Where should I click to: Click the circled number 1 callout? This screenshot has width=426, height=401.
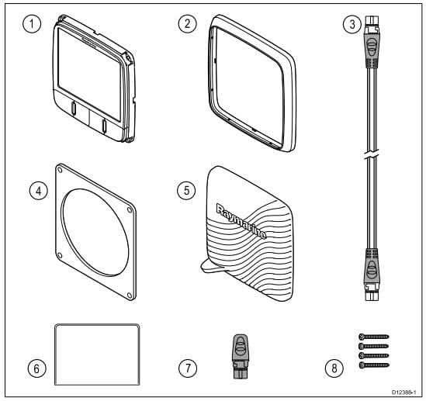[x=32, y=24]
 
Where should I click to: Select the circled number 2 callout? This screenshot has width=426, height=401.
[x=188, y=24]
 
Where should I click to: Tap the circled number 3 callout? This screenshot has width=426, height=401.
[x=352, y=25]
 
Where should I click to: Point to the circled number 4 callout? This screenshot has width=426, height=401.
[x=39, y=191]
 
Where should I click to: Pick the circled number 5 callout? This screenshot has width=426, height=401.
[x=186, y=190]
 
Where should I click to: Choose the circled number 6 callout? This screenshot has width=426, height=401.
[x=36, y=368]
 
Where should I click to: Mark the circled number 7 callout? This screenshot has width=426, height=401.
[x=188, y=368]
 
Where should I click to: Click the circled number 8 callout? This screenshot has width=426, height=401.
[x=334, y=368]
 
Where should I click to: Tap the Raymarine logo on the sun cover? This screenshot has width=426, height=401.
[x=241, y=222]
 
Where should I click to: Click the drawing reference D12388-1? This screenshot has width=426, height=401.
[x=403, y=392]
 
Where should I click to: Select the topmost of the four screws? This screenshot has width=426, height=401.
[x=374, y=337]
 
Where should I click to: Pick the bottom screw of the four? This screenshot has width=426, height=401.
[x=374, y=365]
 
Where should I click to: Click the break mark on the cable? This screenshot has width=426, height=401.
[x=372, y=154]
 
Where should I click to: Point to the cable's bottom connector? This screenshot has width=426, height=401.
[x=372, y=275]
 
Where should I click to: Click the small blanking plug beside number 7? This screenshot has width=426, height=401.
[x=241, y=356]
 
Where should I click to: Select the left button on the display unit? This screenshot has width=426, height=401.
[x=74, y=108]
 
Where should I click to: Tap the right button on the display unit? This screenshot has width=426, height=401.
[x=104, y=126]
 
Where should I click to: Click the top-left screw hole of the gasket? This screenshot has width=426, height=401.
[x=60, y=170]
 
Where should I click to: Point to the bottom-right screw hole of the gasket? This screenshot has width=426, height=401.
[x=130, y=295]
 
